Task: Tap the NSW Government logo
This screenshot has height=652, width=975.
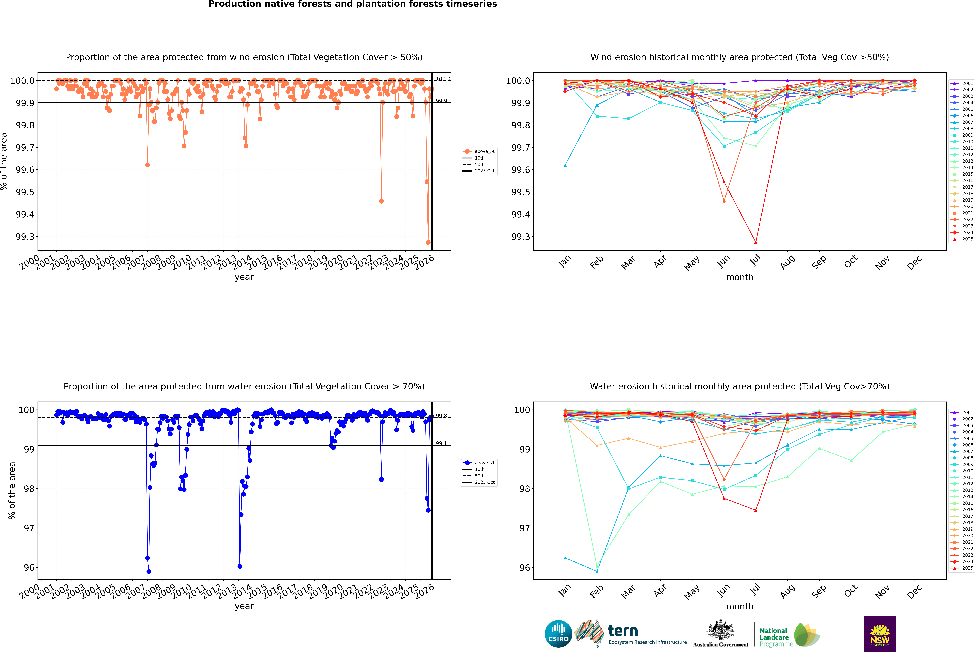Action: coord(880,634)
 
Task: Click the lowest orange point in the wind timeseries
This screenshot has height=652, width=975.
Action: coord(428,242)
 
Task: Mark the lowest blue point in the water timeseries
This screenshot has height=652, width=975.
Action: coord(149,572)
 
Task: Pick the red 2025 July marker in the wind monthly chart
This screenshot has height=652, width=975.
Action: coord(756,242)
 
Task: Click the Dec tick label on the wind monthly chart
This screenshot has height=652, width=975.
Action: coord(914,262)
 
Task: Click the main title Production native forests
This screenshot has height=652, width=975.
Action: coord(352,4)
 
